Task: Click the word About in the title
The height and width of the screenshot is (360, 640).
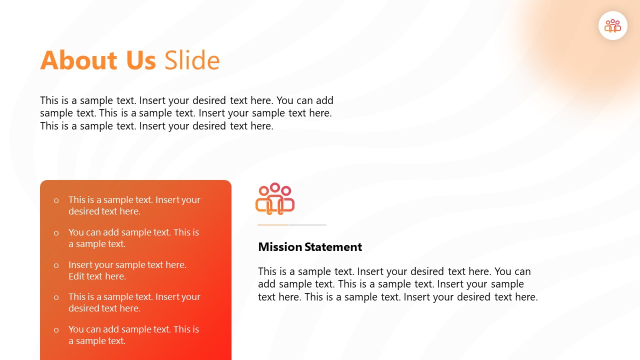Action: pyautogui.click(x=78, y=60)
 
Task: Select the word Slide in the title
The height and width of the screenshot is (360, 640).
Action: pyautogui.click(x=192, y=60)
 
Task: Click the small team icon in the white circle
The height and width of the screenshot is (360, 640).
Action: pyautogui.click(x=612, y=25)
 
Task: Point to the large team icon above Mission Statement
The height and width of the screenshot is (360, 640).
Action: pyautogui.click(x=275, y=199)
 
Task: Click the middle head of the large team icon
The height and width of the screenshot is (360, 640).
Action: pyautogui.click(x=275, y=187)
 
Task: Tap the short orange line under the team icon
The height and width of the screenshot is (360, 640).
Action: pyautogui.click(x=273, y=225)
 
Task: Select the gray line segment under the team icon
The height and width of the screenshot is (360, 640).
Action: pyautogui.click(x=307, y=225)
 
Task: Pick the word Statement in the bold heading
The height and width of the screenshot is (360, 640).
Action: pyautogui.click(x=333, y=247)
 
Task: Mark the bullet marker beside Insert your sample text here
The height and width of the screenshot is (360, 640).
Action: pyautogui.click(x=56, y=265)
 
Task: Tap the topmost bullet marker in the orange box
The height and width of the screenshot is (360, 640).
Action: pyautogui.click(x=56, y=200)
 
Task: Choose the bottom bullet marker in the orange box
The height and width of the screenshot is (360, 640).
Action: pyautogui.click(x=56, y=330)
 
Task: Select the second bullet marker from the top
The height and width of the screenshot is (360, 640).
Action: pyautogui.click(x=56, y=233)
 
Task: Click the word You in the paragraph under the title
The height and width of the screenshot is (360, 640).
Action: pyautogui.click(x=286, y=100)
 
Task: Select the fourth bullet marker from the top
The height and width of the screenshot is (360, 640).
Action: pyautogui.click(x=56, y=297)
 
